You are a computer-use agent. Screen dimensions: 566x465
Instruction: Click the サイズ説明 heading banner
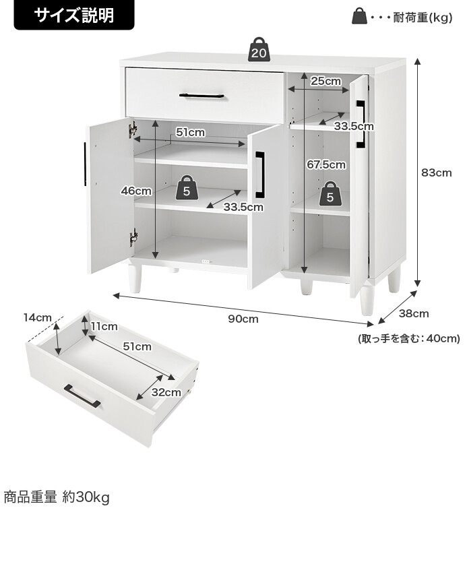point(74,15)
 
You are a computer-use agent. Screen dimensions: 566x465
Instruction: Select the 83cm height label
point(436,172)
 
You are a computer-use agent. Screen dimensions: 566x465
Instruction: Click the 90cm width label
point(243,319)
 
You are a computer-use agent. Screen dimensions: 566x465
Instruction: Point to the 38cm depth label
point(414,313)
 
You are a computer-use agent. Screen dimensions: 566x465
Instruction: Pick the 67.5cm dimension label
point(325,164)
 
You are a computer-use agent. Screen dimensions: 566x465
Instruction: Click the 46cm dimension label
point(136,191)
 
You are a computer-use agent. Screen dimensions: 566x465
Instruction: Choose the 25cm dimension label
point(325,81)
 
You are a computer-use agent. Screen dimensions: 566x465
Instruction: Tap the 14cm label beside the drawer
point(37,317)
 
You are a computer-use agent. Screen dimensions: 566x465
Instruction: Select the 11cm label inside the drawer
point(104,327)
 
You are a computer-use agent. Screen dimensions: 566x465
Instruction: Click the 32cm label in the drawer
point(166,392)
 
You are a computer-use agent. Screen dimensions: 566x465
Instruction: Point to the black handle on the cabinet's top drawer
point(202,96)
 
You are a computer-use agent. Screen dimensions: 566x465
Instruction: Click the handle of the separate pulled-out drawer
point(82,396)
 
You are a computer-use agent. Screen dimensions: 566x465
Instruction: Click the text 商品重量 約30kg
point(57,498)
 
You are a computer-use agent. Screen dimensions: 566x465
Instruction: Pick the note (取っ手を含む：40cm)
point(408,339)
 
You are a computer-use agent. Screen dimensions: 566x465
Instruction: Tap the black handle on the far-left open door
point(85,164)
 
